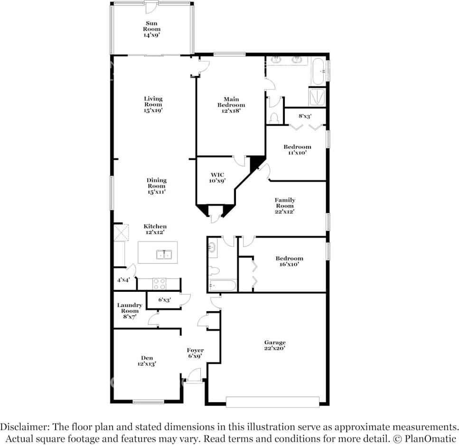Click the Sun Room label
point(152,29)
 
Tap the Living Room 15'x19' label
point(153,104)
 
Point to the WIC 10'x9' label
point(217,177)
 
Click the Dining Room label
point(156,186)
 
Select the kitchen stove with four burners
point(159,284)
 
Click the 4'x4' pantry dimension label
point(123,280)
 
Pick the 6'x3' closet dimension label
point(164,300)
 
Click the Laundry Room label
point(129,311)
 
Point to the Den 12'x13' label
point(146,361)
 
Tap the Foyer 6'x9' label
point(195,353)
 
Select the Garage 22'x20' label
point(275,345)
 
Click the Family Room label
point(285,206)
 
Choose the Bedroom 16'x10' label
point(289,261)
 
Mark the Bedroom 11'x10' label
point(297,149)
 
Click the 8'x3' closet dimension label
point(305,116)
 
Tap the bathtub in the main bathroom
point(318,71)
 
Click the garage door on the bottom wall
point(272,402)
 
